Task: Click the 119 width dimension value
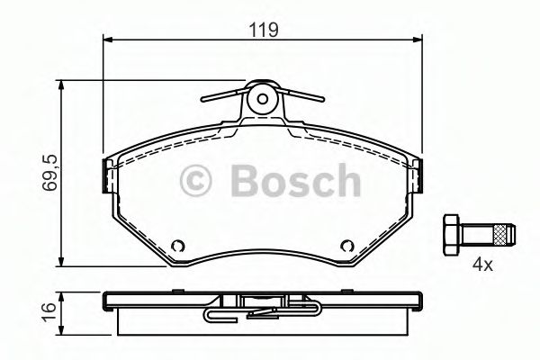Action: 263,29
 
